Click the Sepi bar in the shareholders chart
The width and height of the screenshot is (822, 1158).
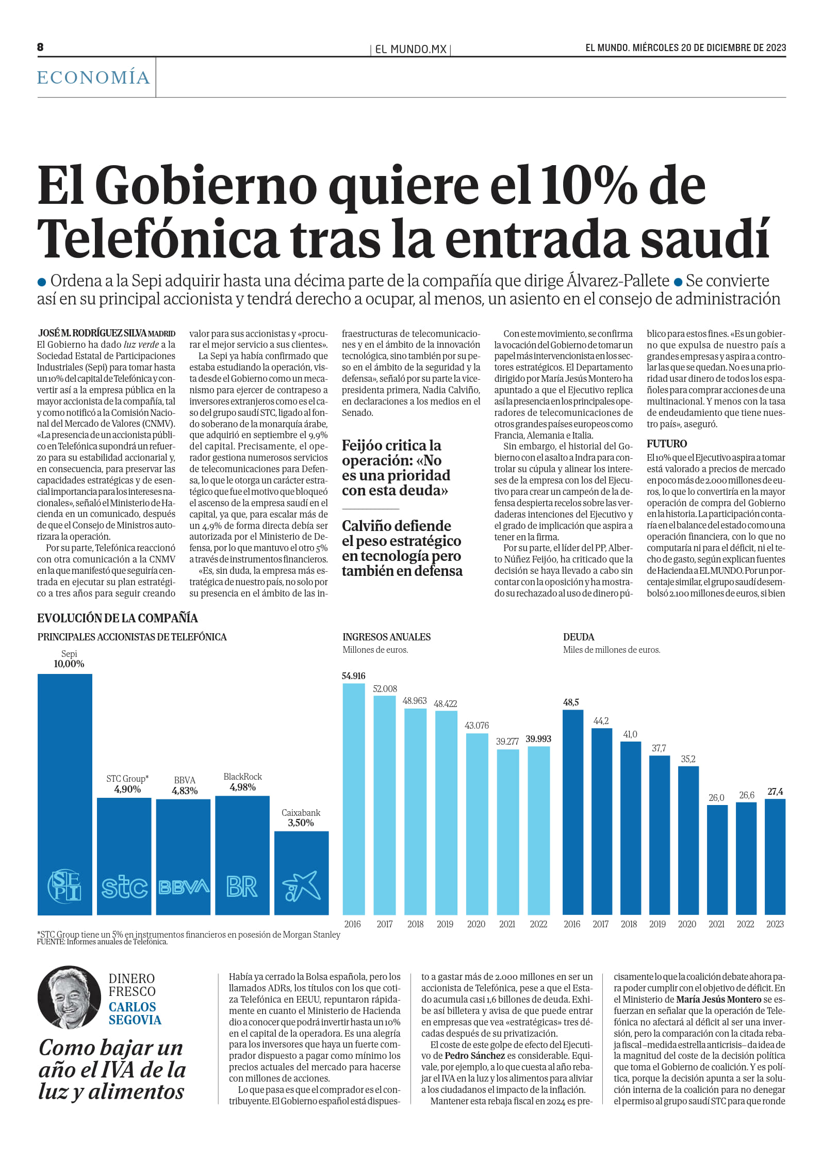(65, 794)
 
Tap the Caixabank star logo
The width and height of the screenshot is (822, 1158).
(302, 887)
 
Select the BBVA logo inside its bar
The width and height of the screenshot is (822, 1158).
(184, 887)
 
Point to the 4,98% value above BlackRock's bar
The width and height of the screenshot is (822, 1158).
(242, 787)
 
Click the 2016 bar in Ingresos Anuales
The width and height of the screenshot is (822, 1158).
(354, 799)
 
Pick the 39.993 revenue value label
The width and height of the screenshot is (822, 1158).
(538, 739)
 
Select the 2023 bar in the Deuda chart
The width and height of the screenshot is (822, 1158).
(775, 857)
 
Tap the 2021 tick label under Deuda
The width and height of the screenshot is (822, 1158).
(716, 924)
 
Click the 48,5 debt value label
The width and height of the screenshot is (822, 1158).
(571, 702)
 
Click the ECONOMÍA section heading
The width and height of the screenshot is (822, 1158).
(93, 77)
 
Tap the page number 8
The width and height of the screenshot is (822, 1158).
(40, 47)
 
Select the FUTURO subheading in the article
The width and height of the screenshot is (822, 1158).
(667, 444)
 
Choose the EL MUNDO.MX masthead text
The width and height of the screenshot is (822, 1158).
(410, 50)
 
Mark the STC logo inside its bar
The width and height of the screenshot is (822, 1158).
(124, 887)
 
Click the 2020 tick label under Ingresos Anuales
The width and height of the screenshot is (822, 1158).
(476, 924)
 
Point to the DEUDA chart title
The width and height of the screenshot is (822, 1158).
(579, 637)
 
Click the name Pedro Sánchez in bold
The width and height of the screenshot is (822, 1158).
(474, 1056)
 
